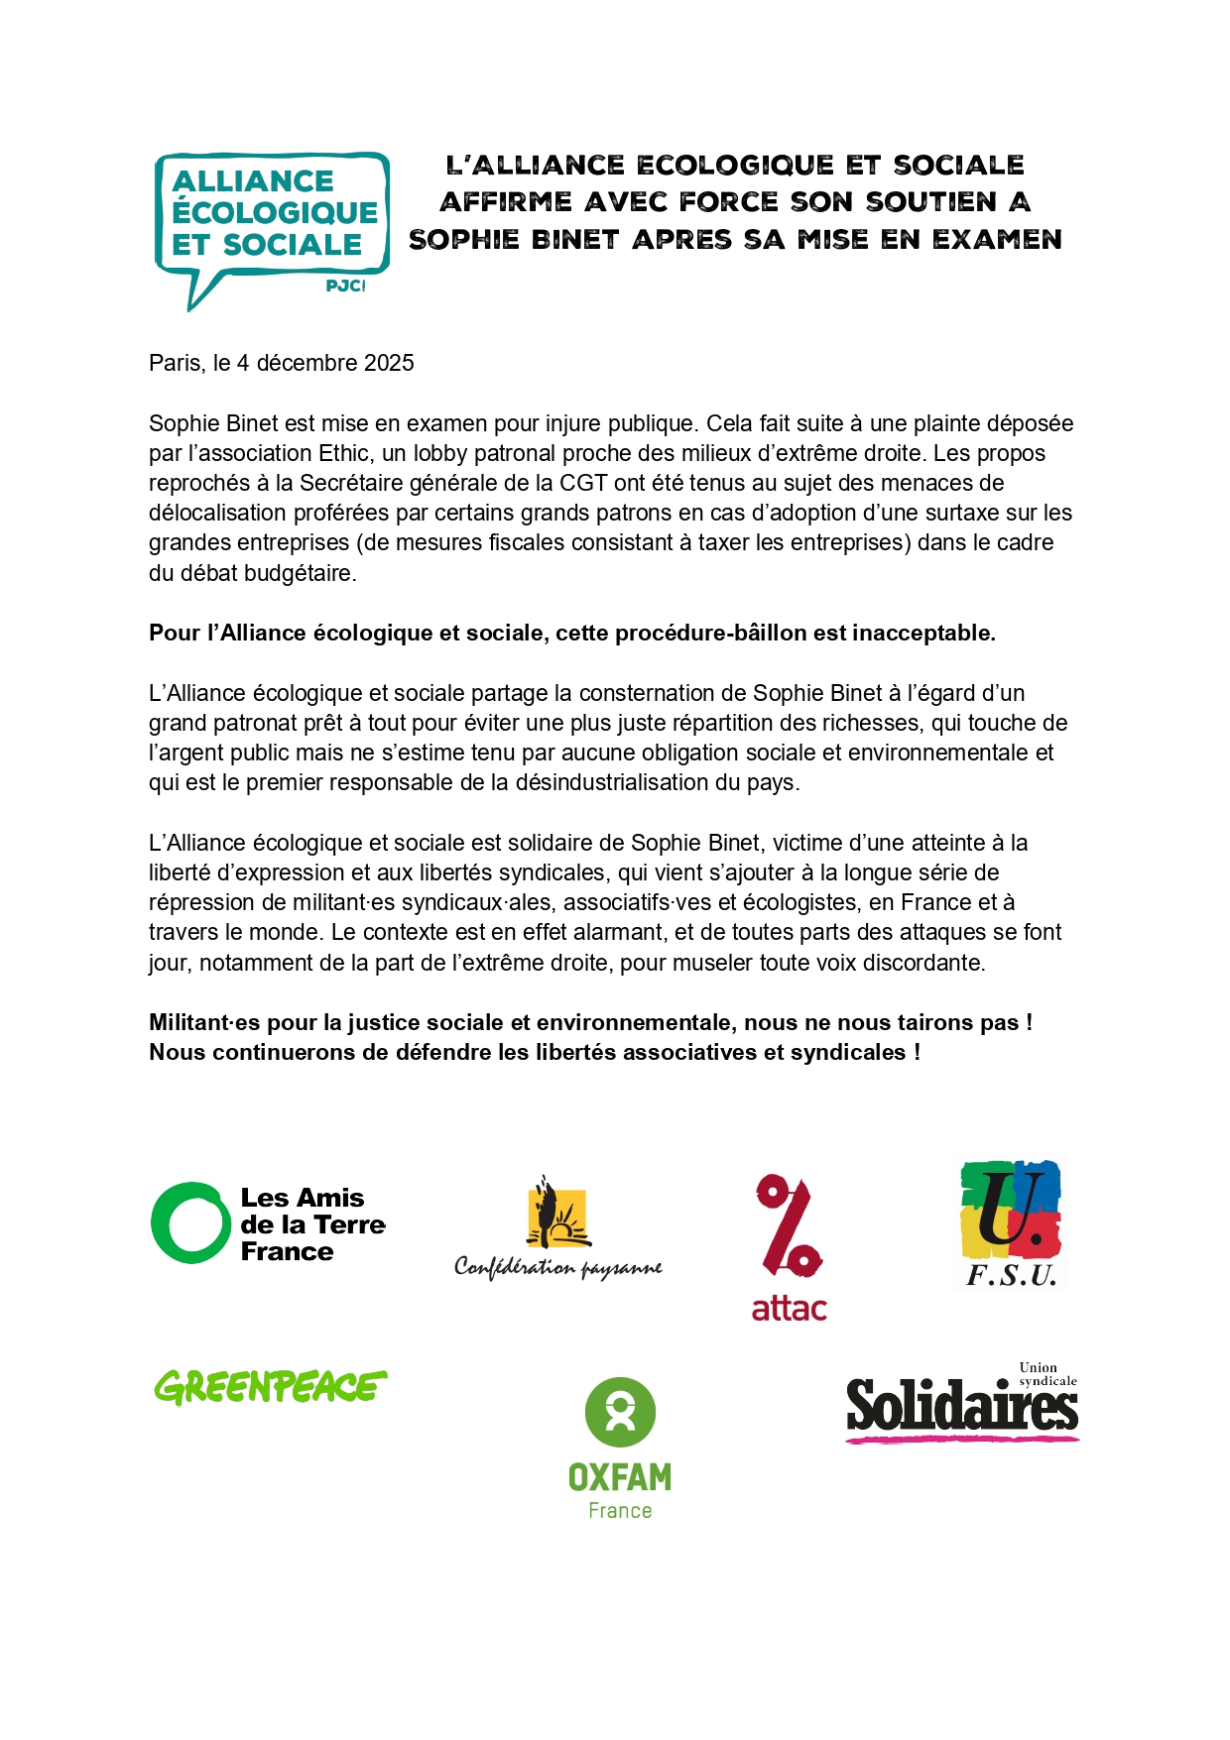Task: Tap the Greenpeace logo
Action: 270,1387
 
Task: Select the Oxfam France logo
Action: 620,1449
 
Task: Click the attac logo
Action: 790,1247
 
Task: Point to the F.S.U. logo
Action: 1011,1223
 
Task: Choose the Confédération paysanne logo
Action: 558,1229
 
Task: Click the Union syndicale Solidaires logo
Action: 961,1404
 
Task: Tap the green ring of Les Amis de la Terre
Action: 190,1222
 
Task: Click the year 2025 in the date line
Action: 389,363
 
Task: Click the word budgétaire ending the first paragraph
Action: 301,573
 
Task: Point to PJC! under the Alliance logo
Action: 345,286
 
